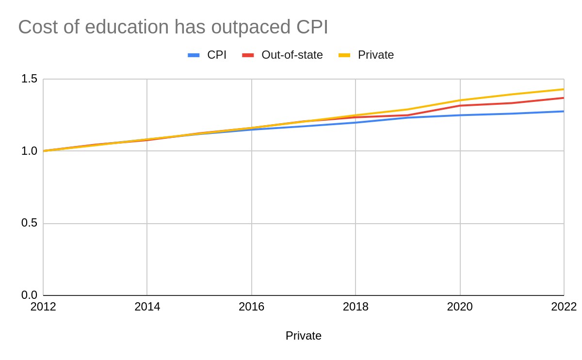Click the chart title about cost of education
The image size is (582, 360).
(x=173, y=27)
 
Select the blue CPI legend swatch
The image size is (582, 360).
(x=194, y=55)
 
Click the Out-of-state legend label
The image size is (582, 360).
(x=292, y=55)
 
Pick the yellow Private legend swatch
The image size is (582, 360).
(x=344, y=55)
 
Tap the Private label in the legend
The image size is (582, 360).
(x=376, y=55)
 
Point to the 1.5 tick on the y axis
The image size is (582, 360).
(x=29, y=79)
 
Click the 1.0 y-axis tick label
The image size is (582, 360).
(x=29, y=151)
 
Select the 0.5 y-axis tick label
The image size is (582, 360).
(x=29, y=224)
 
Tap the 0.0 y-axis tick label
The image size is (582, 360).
(x=29, y=295)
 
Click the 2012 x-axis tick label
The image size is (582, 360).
(x=43, y=307)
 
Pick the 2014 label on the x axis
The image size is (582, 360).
(x=147, y=307)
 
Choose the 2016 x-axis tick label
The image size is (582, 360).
(x=252, y=307)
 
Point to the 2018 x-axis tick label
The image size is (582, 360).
(x=356, y=307)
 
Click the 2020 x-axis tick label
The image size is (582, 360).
(x=460, y=307)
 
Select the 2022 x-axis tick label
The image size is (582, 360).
(x=564, y=307)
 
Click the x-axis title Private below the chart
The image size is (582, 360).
(x=304, y=336)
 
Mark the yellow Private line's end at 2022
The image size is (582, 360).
(x=563, y=89)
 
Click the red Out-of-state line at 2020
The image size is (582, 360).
(x=460, y=105)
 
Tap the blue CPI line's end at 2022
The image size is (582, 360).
(x=563, y=112)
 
